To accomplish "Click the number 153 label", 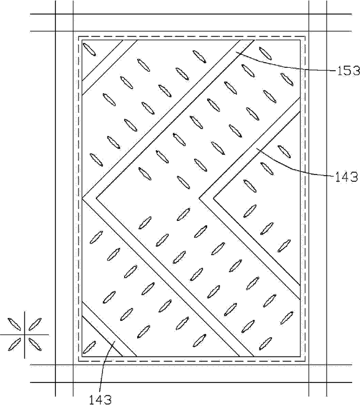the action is (348, 71).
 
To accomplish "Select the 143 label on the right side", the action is (346, 177).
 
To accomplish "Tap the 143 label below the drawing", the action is (100, 399).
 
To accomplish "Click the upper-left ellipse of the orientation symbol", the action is (15, 324).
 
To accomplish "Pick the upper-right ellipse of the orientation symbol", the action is (35, 324).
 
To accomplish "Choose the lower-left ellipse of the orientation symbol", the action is (15, 345).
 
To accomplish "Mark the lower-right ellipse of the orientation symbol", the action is (35, 345).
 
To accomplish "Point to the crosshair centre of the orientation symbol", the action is (25, 335).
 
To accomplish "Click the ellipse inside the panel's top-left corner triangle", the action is (89, 49).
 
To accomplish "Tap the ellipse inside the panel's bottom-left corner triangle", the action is (89, 347).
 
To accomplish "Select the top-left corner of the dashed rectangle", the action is (78, 36).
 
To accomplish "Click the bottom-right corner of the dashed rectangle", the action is (305, 361).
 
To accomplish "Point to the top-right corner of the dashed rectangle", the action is (305, 36).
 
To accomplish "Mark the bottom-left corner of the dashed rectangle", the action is (78, 361).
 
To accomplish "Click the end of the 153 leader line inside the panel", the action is (236, 53).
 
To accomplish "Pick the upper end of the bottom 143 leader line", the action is (115, 341).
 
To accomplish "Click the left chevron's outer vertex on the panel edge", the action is (82, 198).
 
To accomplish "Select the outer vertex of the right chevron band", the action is (199, 198).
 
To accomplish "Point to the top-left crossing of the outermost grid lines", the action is (55, 14).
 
